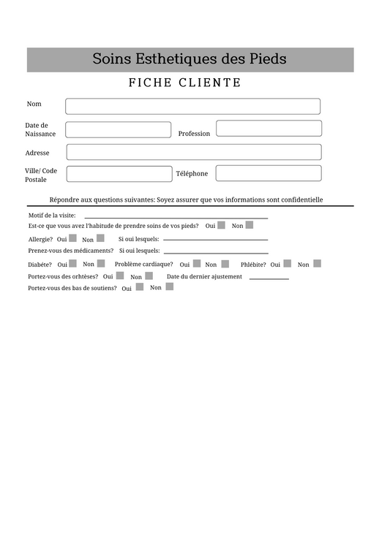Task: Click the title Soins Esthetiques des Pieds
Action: (190, 59)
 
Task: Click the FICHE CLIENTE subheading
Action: (184, 83)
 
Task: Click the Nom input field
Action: (192, 107)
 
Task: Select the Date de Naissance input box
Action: (118, 130)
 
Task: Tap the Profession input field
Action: (269, 129)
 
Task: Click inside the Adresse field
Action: (193, 152)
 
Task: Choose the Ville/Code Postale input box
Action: (119, 174)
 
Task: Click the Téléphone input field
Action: (268, 173)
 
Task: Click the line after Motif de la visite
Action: (176, 218)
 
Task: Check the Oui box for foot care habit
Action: (221, 226)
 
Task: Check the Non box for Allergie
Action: (100, 238)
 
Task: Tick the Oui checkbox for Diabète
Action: (72, 264)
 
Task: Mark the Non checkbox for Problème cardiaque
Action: (225, 264)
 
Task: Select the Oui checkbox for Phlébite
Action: (287, 264)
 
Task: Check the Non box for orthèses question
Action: (149, 276)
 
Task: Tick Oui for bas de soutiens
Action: (139, 287)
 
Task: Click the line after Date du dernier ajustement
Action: (269, 278)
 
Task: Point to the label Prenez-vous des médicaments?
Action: (71, 251)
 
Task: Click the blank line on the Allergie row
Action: (215, 239)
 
